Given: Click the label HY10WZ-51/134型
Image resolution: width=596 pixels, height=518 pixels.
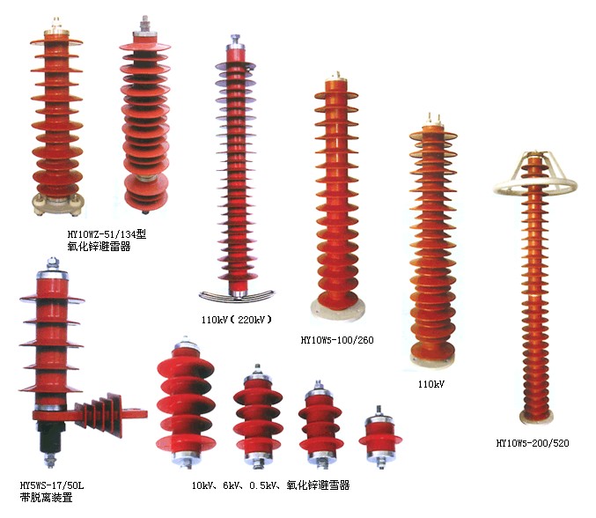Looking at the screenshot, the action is (107, 234).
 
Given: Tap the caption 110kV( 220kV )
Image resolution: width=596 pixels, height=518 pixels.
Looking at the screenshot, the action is (237, 320).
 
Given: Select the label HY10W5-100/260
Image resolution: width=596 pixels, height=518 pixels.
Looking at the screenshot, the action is (337, 340).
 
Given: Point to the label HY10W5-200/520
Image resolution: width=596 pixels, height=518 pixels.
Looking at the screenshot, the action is (533, 443).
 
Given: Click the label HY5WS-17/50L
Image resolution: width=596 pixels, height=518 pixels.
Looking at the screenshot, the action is (52, 485).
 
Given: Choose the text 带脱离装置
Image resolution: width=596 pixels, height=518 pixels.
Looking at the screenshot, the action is (46, 497).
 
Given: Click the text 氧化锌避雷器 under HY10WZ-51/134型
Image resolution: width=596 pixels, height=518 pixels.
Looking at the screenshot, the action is (99, 247).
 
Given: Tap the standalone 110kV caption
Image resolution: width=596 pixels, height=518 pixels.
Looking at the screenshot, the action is (431, 384).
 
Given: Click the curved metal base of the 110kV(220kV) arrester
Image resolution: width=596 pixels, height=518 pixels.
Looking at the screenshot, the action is (237, 295).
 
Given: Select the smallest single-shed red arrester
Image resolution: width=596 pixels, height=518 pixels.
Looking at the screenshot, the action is (380, 438).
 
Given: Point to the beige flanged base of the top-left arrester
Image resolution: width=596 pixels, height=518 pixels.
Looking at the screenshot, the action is (57, 203).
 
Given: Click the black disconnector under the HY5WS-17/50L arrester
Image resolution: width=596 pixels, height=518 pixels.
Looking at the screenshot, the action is (51, 436).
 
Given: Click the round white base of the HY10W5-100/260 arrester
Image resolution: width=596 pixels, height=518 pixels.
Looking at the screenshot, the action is (337, 308).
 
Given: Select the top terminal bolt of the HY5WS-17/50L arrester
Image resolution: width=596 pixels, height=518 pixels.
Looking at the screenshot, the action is (53, 263).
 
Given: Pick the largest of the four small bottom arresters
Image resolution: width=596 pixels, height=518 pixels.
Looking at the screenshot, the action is (186, 403).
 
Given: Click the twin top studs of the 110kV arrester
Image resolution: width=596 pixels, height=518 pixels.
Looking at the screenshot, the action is (434, 119).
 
